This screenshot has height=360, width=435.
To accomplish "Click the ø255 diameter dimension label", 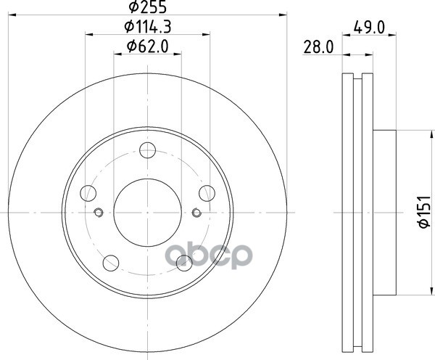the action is pos(148,7).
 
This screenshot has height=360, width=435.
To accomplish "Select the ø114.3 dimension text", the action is pos(148,27).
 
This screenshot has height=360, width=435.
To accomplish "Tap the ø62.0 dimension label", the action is pos(148,46).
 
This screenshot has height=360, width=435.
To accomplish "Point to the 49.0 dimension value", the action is pos(369,28).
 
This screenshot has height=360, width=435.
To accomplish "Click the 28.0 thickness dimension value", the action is pos(318,47).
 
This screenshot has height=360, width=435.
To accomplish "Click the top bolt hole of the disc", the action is pos(148,150).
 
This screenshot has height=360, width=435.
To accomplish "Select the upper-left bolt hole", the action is pos(88,193).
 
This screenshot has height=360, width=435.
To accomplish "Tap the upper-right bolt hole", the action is pos(207,193).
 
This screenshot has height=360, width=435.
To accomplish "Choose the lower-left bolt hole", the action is pos(111,263).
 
